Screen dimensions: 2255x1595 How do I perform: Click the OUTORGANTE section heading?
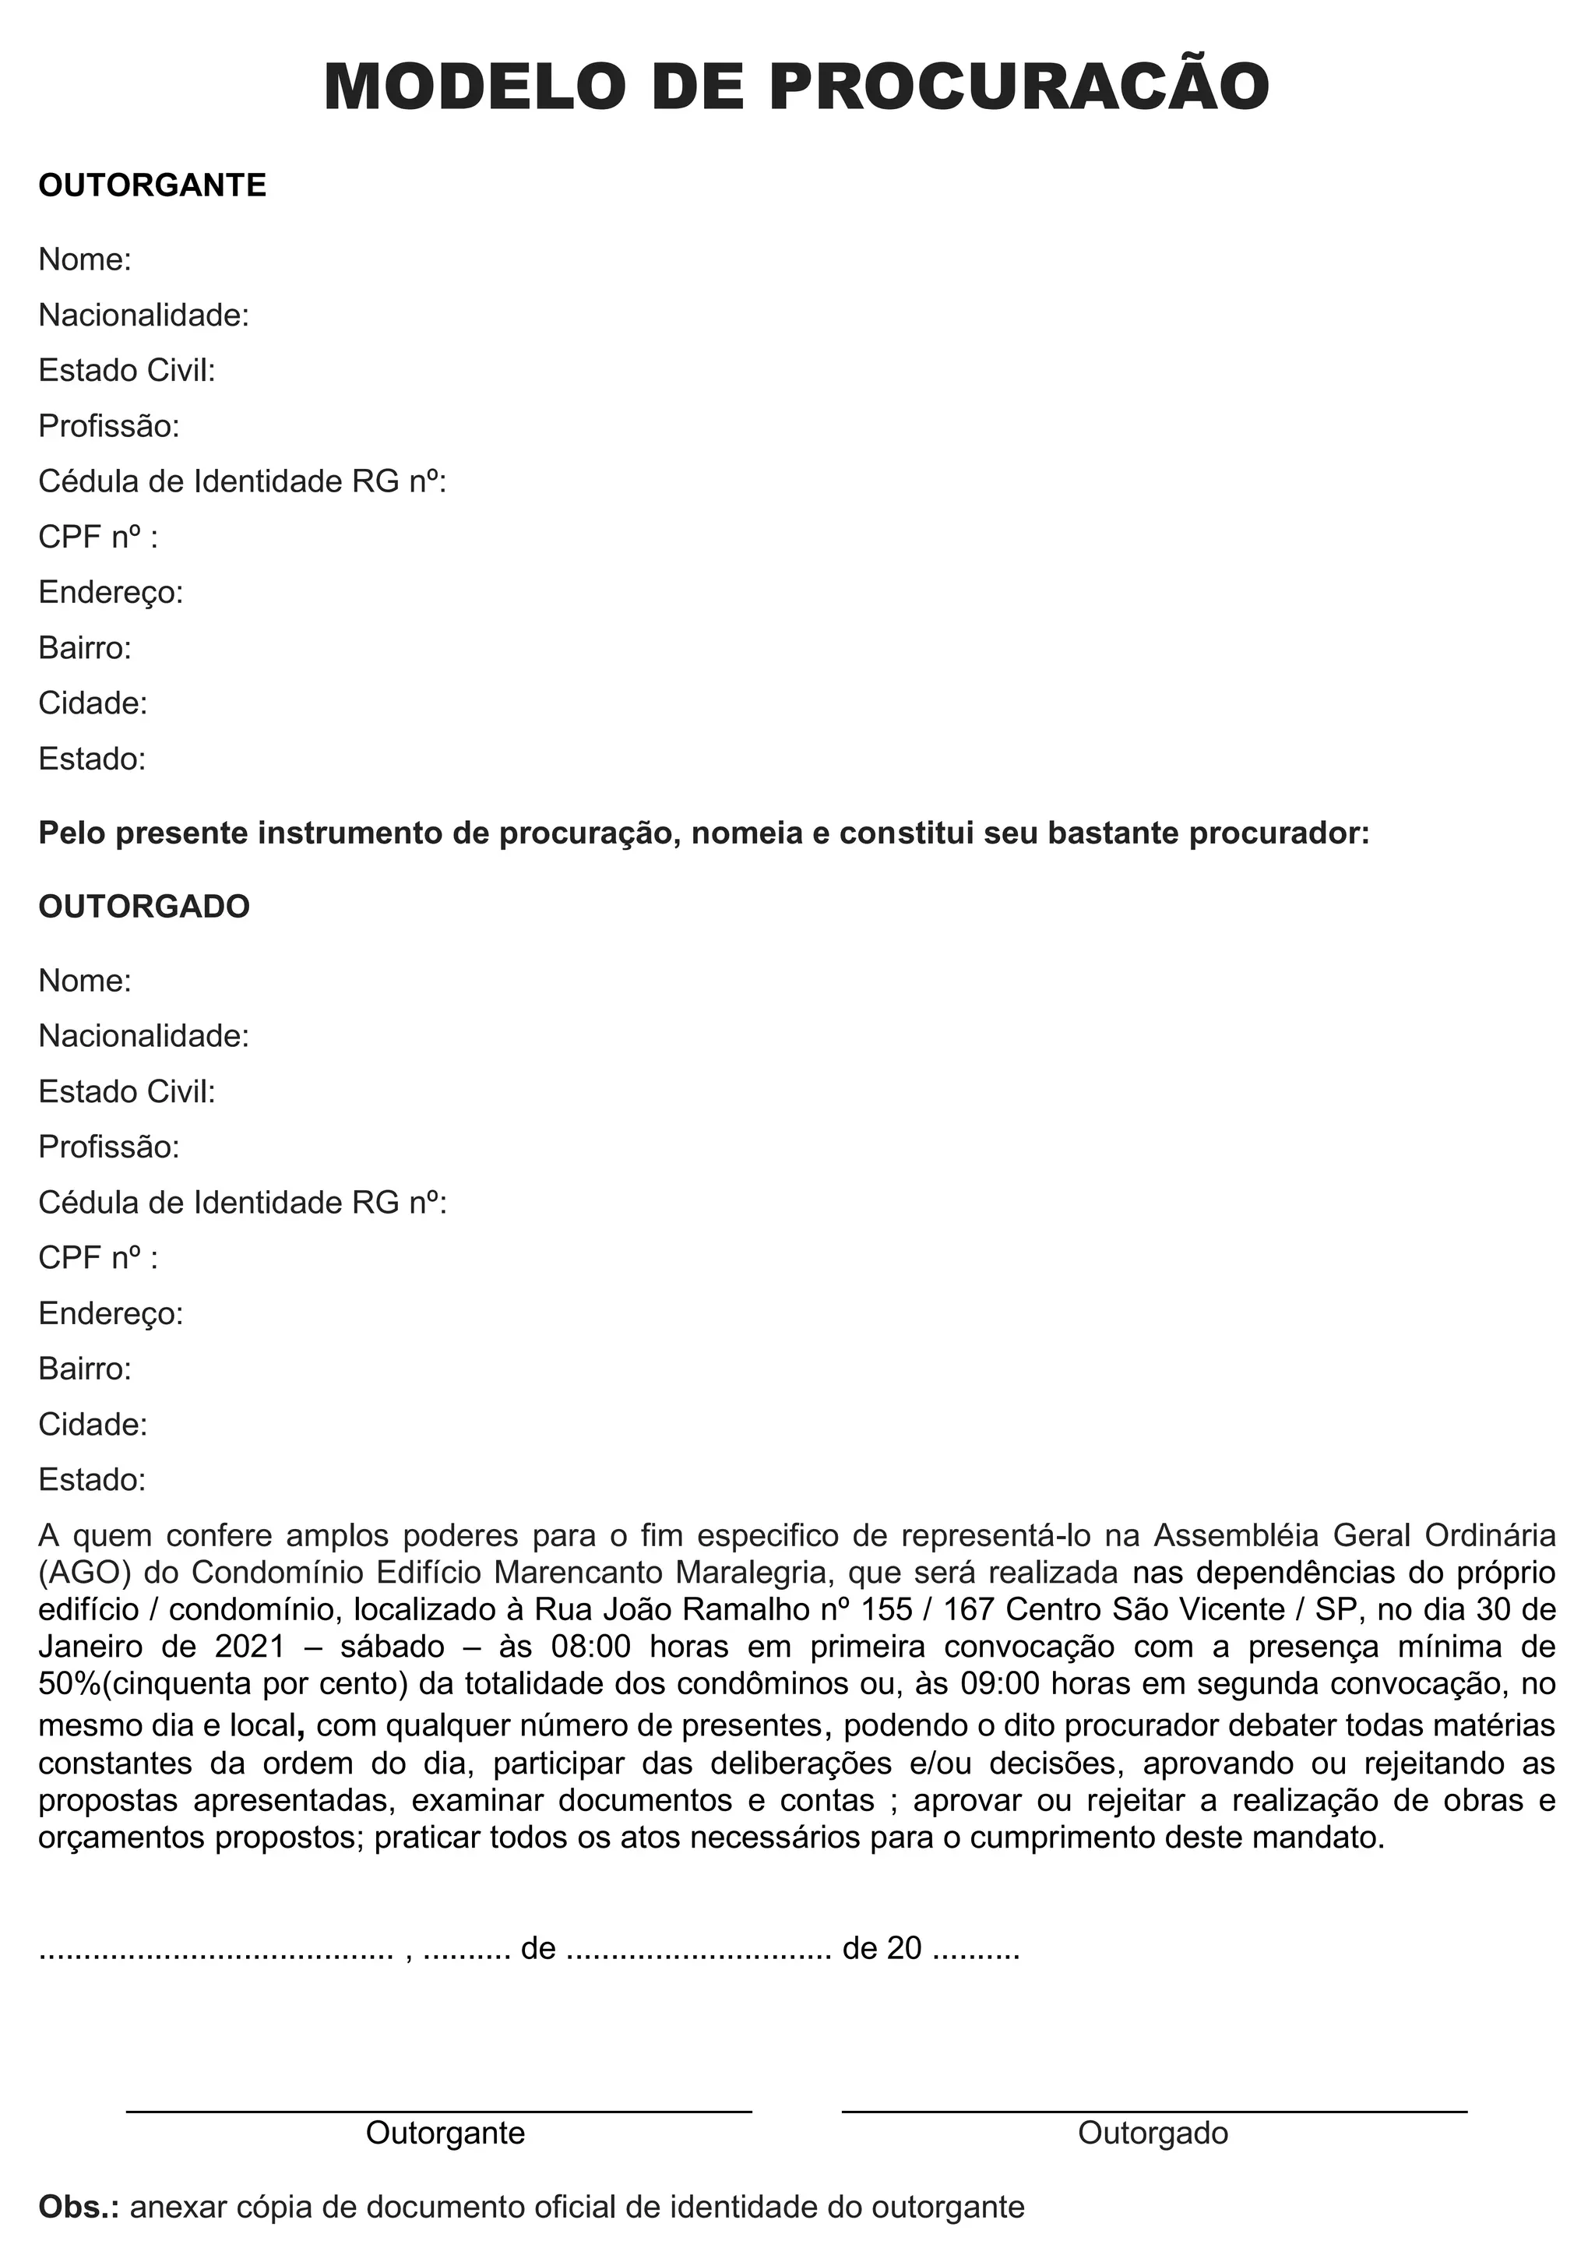click(x=152, y=185)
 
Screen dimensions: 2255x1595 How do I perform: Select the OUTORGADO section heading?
click(x=144, y=907)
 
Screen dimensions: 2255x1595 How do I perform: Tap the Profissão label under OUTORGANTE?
click(x=109, y=426)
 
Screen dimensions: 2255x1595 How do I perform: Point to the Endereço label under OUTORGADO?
click(x=111, y=1313)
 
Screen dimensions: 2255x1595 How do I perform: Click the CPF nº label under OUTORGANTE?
click(x=97, y=537)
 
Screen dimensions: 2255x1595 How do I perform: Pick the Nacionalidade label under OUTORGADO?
click(x=143, y=1036)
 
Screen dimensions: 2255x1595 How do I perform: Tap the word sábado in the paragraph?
click(x=393, y=1647)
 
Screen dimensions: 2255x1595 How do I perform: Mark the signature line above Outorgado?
click(x=1154, y=2111)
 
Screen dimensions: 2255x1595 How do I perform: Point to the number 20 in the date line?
click(x=903, y=1949)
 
